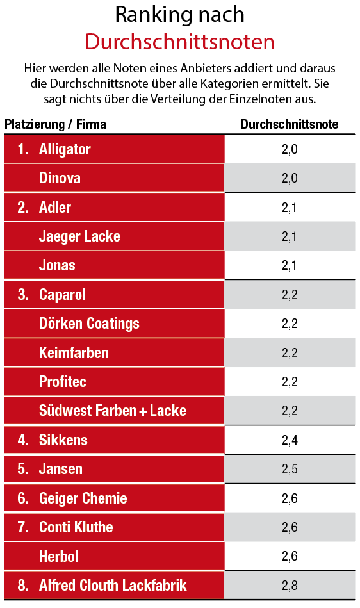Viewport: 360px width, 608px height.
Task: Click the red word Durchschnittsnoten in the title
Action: pos(180,42)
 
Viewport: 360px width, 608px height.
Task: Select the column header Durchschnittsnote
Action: pos(290,124)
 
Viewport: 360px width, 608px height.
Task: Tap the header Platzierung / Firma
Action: pos(56,124)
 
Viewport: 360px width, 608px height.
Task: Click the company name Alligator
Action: pos(65,149)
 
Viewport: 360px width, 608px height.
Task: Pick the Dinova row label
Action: pos(60,178)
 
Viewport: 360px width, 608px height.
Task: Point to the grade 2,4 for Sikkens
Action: pos(290,440)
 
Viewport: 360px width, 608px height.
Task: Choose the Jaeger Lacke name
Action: pos(79,236)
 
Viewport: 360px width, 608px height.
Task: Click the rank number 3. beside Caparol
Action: pos(24,295)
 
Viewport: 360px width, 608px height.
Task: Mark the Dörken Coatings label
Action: pos(89,324)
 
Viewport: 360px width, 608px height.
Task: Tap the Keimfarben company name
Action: pos(74,353)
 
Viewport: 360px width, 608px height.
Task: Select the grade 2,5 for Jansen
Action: pos(290,469)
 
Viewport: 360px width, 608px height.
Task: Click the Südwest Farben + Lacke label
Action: pos(112,411)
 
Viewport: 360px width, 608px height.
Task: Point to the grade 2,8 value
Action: pos(290,586)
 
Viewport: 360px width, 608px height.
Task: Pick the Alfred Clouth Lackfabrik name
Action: pos(113,586)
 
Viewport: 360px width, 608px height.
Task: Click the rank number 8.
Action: pos(24,586)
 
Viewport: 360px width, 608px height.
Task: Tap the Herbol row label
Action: pos(58,556)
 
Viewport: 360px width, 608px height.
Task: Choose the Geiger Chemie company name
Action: pos(83,498)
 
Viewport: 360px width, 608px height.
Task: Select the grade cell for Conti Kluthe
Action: pos(290,527)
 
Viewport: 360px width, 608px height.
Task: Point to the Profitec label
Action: pos(63,382)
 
